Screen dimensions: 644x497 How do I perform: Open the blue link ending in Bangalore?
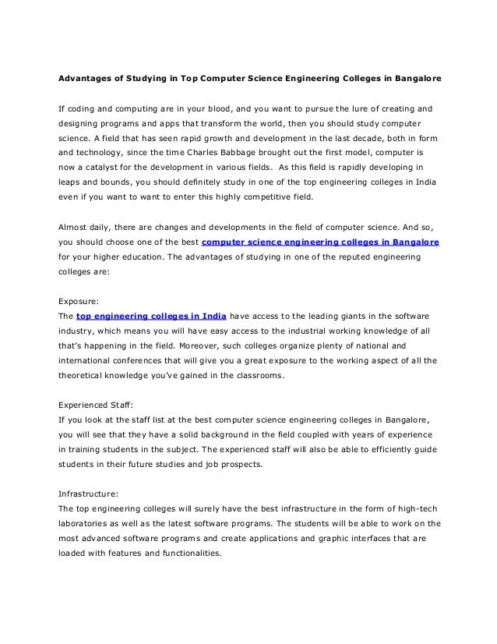[320, 242]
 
